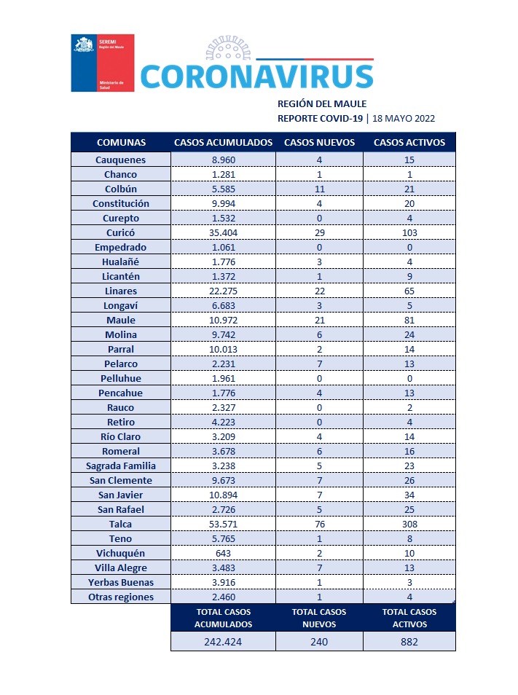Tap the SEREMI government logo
pyautogui.click(x=102, y=63)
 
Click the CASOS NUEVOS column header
pyautogui.click(x=319, y=142)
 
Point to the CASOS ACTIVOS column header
pyautogui.click(x=409, y=142)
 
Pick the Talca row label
pyautogui.click(x=120, y=524)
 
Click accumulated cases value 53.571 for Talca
pyautogui.click(x=223, y=524)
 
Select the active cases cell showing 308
pyautogui.click(x=409, y=524)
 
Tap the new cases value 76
pyautogui.click(x=319, y=524)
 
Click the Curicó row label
pyautogui.click(x=120, y=232)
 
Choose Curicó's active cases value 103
pyautogui.click(x=409, y=232)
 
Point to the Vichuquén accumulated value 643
pyautogui.click(x=223, y=553)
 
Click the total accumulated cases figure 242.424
pyautogui.click(x=223, y=642)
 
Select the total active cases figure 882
pyautogui.click(x=409, y=642)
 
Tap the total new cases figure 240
pyautogui.click(x=319, y=642)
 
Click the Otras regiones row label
pyautogui.click(x=120, y=597)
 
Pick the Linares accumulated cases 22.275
pyautogui.click(x=223, y=291)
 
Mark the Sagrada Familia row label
pyautogui.click(x=120, y=466)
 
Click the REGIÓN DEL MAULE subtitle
pyautogui.click(x=322, y=103)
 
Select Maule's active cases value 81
pyautogui.click(x=409, y=320)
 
